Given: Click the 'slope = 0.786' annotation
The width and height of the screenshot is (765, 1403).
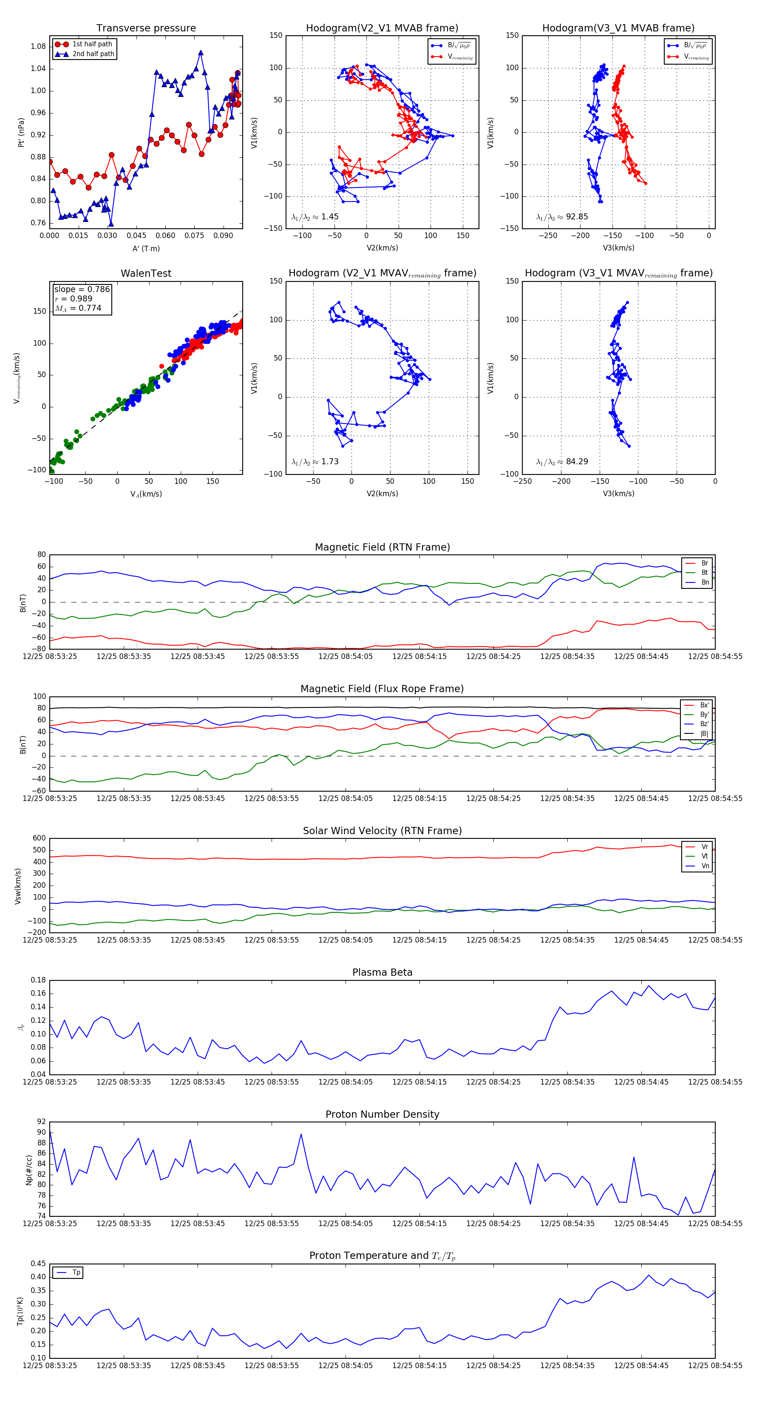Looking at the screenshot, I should tap(82, 289).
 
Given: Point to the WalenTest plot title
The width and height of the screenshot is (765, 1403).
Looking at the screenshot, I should tap(146, 273).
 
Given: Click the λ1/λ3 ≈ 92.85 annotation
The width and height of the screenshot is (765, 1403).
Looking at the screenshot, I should tap(562, 217).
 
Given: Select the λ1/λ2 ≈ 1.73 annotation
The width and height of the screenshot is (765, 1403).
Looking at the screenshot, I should tap(315, 462).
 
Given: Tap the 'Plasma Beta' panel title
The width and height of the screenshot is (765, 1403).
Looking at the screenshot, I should tap(382, 972).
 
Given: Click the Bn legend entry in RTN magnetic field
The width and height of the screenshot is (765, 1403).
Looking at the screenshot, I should tap(705, 582).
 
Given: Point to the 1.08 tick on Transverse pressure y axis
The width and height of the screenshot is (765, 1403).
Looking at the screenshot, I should tap(38, 46).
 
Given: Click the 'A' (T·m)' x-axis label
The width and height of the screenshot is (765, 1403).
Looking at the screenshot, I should tap(146, 248).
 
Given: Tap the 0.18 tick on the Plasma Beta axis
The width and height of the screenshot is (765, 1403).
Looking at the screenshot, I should tap(38, 980).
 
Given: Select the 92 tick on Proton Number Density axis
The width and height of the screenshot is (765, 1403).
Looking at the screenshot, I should tap(41, 1122).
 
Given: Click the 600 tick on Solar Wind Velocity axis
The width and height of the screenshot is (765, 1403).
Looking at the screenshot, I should tap(39, 838).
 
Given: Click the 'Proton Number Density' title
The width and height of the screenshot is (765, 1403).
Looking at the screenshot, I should tap(382, 1114).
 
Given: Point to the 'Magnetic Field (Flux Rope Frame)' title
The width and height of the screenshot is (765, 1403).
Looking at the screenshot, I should tap(382, 689).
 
